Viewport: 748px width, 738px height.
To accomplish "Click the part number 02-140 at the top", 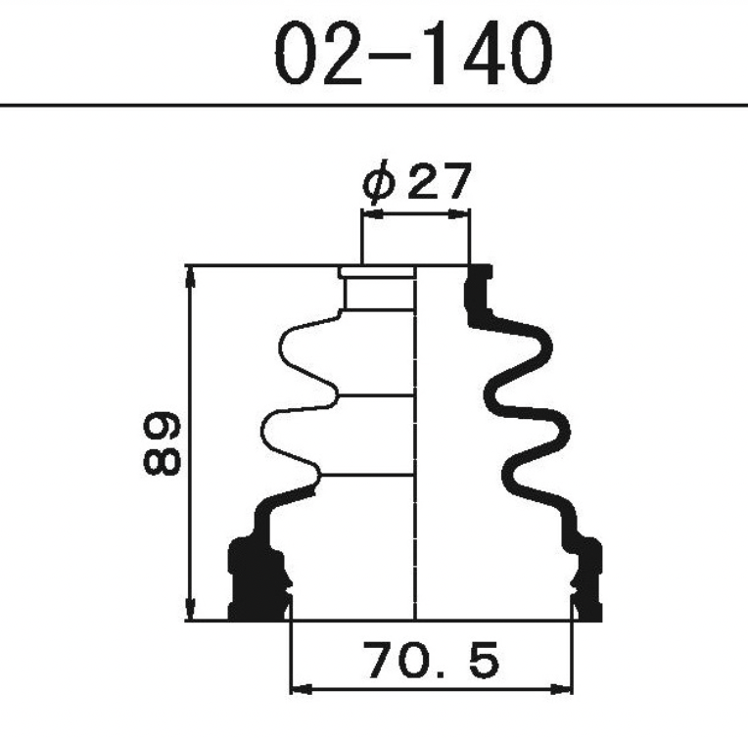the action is [x=413, y=54].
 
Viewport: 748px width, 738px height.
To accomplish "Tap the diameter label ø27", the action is [x=417, y=181].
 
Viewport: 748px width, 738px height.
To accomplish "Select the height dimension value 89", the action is [x=163, y=443].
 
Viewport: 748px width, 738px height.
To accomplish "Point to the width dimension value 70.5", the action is [x=431, y=661].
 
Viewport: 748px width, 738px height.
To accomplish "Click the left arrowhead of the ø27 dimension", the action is [x=372, y=214].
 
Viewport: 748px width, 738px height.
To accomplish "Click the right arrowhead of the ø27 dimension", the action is [x=459, y=214].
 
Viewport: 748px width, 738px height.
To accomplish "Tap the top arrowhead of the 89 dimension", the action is [x=191, y=277].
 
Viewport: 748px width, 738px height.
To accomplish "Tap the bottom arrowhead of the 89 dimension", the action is [x=191, y=609].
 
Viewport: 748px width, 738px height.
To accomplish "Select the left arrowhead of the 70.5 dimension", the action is [x=301, y=689].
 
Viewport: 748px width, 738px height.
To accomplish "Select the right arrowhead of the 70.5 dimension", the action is [x=561, y=689].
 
